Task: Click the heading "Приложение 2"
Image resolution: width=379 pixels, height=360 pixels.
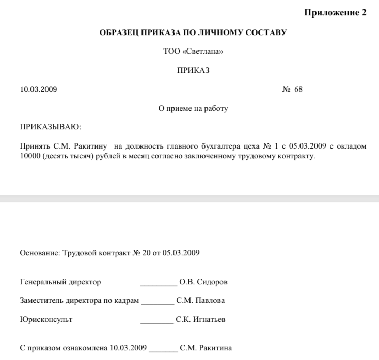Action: pos(335,13)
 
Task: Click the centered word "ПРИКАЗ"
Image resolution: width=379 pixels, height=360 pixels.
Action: pos(193,71)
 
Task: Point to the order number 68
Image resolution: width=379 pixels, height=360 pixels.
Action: pos(298,89)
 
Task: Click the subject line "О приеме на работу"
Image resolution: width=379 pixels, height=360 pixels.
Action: pos(193,108)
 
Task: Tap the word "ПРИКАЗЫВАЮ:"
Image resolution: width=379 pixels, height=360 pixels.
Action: pos(51,127)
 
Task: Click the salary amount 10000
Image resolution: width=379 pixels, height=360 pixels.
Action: pos(30,155)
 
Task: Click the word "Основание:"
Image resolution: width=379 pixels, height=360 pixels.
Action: pos(40,253)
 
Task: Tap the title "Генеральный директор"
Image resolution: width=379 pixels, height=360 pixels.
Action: pos(60,282)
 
